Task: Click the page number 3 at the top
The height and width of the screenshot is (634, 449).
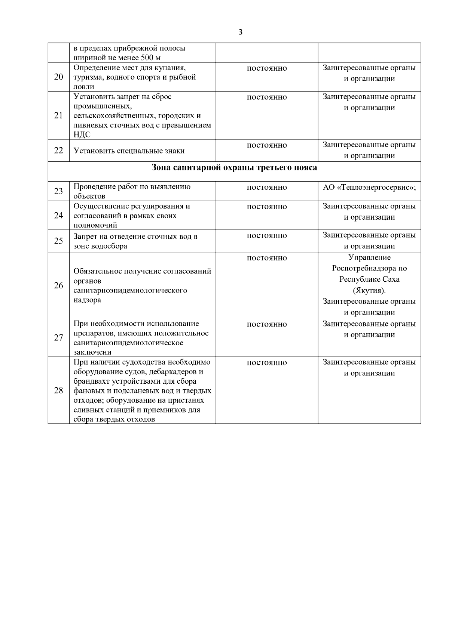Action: click(240, 32)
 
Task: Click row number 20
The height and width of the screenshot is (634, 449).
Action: click(58, 77)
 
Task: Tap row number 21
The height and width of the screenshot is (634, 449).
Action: click(58, 115)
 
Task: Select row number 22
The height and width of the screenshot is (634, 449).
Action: click(58, 151)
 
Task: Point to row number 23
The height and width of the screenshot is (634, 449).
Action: click(58, 191)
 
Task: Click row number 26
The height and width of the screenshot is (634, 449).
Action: click(58, 285)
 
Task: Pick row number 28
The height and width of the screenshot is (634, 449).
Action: click(58, 391)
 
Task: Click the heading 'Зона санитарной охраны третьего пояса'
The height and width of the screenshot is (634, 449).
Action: click(234, 167)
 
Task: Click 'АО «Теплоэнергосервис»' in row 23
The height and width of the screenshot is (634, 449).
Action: click(369, 188)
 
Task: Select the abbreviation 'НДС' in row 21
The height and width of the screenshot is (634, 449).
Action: click(82, 135)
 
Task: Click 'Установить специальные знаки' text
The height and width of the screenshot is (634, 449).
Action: click(129, 151)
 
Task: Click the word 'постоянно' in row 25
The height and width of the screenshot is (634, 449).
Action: click(266, 236)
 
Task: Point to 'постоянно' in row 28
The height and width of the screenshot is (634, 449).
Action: click(266, 363)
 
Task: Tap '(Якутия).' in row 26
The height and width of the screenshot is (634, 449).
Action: click(369, 290)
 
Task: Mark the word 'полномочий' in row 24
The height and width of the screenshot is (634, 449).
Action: click(95, 225)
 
